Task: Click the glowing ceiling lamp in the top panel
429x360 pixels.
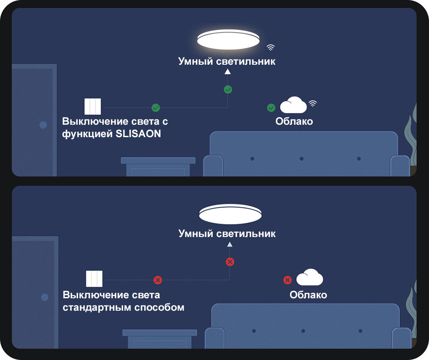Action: tap(228, 40)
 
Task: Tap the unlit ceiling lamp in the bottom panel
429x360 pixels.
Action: tap(230, 214)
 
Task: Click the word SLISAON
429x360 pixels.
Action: tap(139, 134)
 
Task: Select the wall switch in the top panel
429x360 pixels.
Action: tap(93, 106)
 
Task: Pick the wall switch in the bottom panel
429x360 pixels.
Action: tap(94, 279)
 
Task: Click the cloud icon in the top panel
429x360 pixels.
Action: tap(293, 105)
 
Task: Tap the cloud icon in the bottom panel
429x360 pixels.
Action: tap(310, 278)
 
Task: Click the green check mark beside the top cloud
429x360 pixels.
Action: tap(271, 108)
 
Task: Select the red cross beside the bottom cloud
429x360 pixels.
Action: tap(287, 280)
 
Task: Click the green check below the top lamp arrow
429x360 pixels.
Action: tap(228, 90)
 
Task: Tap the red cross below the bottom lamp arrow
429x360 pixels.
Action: tap(230, 261)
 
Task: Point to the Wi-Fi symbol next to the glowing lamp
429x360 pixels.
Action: tap(271, 47)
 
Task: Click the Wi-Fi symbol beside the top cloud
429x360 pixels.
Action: tap(313, 103)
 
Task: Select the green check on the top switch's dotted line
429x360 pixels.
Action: tap(156, 108)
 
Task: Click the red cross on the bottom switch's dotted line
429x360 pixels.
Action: tap(158, 280)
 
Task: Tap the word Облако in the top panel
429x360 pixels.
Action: tap(294, 121)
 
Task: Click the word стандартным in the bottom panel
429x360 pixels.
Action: tap(97, 307)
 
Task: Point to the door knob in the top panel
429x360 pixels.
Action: tap(43, 125)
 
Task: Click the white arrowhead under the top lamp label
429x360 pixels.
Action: tap(228, 72)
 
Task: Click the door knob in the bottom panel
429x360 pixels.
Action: tap(45, 297)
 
